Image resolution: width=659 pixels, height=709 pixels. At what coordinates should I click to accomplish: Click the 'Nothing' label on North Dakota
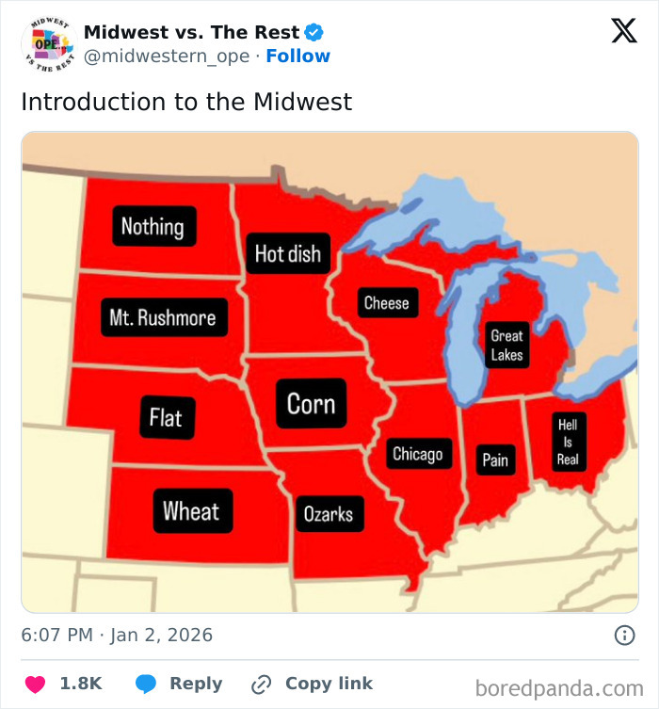[x=153, y=226]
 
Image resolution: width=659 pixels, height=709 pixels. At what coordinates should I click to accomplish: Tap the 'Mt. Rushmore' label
[x=162, y=317]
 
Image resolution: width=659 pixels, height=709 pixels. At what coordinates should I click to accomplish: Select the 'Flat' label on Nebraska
[x=166, y=416]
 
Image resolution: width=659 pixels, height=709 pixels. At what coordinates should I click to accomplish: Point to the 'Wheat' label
[x=191, y=511]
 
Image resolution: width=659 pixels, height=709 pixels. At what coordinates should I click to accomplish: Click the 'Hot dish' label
[x=288, y=253]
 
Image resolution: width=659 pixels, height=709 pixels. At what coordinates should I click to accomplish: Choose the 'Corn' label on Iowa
[x=311, y=404]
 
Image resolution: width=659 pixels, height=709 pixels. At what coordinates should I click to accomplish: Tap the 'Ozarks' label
[x=328, y=513]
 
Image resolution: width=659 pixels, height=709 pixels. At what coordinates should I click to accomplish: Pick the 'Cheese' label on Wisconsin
[x=386, y=302]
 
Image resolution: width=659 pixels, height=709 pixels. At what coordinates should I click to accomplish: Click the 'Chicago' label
[x=417, y=454]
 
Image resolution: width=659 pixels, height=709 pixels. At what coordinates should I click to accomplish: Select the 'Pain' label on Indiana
[x=495, y=459]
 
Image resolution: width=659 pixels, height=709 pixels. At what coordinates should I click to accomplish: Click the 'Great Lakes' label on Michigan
[x=506, y=346]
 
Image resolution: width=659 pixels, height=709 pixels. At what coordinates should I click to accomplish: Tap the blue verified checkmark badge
[x=314, y=32]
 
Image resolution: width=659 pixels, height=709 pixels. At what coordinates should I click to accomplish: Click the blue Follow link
[x=297, y=56]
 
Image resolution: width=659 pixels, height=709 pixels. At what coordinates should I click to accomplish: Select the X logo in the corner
[x=623, y=31]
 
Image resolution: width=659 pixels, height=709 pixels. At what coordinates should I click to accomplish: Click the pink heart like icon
[x=35, y=685]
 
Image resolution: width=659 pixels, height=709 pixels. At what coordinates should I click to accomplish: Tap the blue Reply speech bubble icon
[x=146, y=685]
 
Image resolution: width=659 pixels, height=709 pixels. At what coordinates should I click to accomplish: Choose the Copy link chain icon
[x=262, y=685]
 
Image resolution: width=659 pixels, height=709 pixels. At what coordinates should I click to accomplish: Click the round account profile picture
[x=47, y=43]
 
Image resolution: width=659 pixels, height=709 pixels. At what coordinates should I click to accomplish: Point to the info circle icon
[x=624, y=636]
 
